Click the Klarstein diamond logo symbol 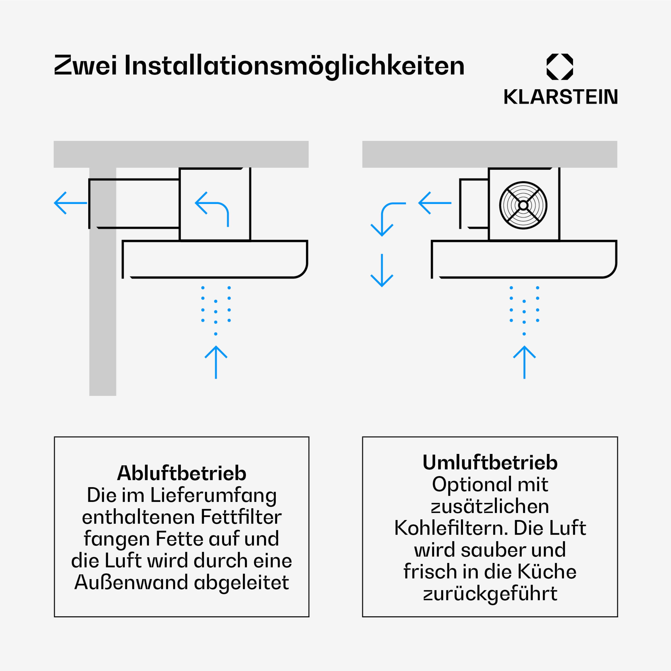click(x=560, y=67)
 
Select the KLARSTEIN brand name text click(x=561, y=97)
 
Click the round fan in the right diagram click(x=523, y=205)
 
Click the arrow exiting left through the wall click(x=70, y=203)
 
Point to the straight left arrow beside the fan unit click(x=435, y=203)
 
